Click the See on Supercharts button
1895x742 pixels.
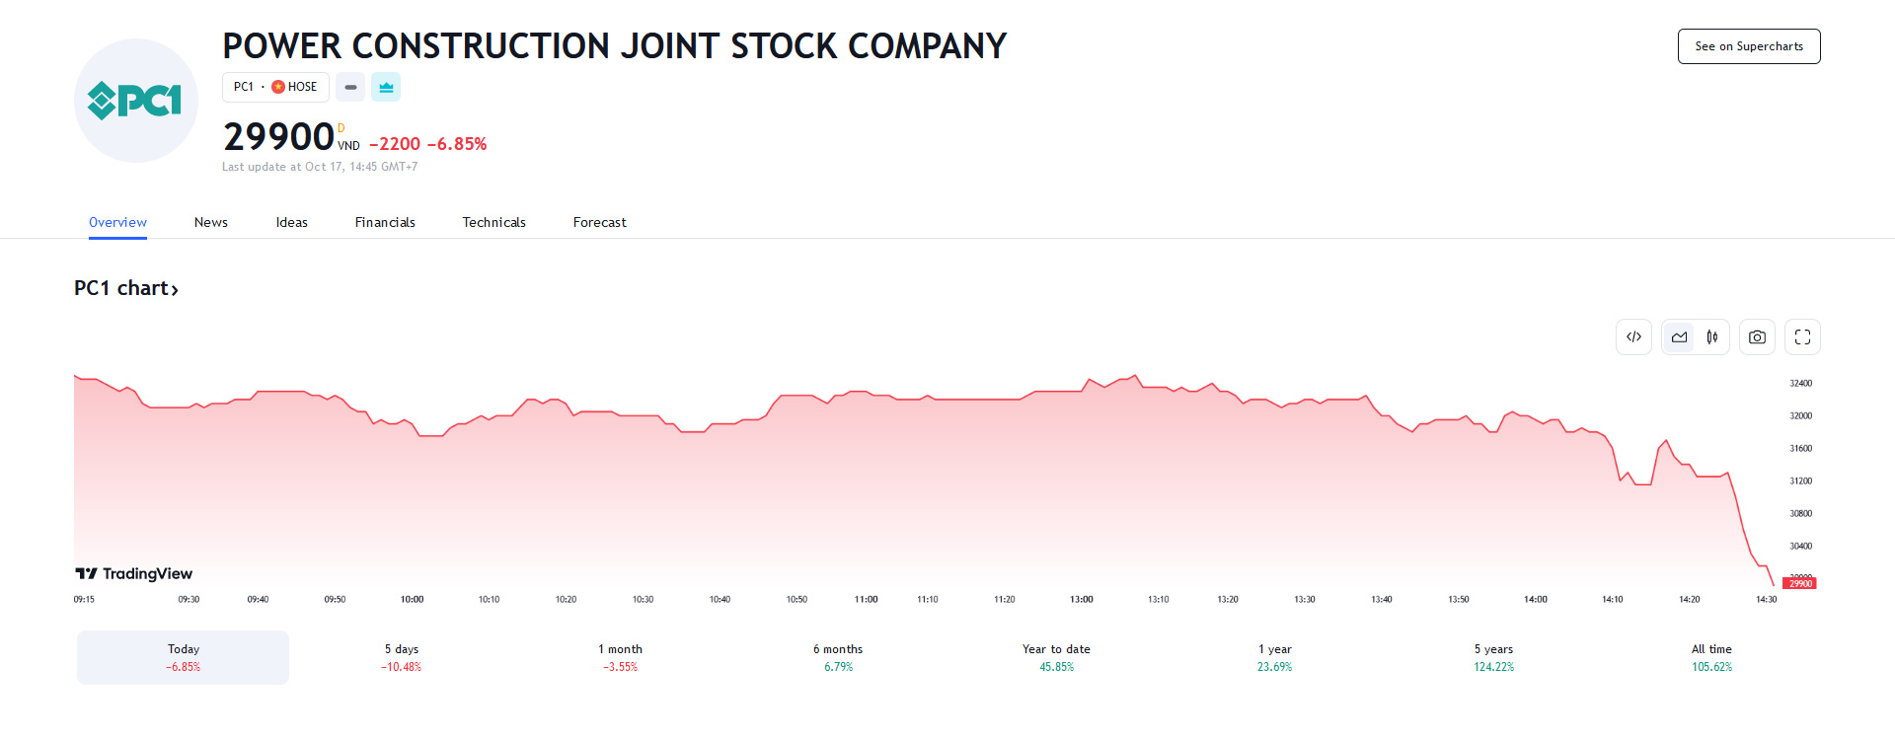(1748, 46)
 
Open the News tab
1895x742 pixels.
(211, 223)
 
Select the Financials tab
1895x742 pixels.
(385, 223)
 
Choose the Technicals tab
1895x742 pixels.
(493, 223)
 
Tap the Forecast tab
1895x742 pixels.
(599, 223)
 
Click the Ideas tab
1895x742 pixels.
(291, 223)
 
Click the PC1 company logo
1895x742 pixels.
(136, 101)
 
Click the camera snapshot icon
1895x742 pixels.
(1757, 337)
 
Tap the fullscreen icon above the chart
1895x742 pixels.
(1802, 337)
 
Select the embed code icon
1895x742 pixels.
(1633, 337)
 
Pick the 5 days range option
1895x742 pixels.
(402, 657)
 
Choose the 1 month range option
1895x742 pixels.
(620, 657)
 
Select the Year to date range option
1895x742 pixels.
(1056, 657)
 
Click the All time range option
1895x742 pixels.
(1711, 657)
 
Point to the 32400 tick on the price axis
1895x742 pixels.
(1801, 383)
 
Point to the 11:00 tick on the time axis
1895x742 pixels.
(866, 600)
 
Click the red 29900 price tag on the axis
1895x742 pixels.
(1800, 584)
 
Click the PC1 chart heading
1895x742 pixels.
(125, 288)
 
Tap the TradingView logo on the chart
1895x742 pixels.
(134, 573)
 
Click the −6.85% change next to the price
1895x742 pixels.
(457, 144)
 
